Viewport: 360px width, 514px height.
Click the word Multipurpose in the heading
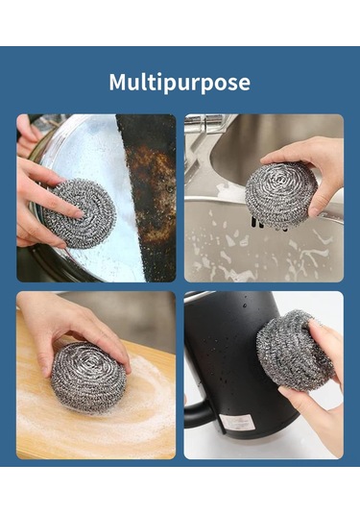tap(180, 84)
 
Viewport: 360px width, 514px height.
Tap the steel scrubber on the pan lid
tap(80, 213)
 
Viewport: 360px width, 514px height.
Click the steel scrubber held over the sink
tap(280, 195)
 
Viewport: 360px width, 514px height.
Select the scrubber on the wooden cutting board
tap(88, 377)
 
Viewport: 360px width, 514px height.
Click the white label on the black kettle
tap(237, 423)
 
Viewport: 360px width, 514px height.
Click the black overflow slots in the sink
tap(269, 224)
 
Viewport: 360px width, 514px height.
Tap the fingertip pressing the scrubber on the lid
tap(78, 214)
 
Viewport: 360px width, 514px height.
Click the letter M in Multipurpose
tap(118, 82)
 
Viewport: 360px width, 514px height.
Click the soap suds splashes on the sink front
tap(262, 249)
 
